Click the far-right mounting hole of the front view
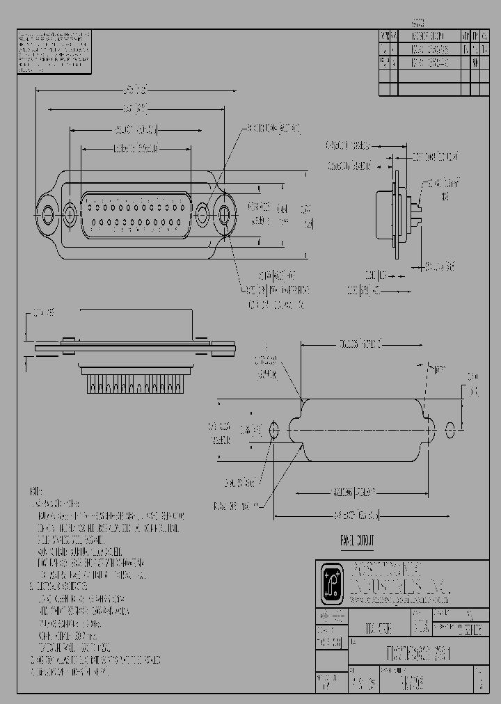coord(226,214)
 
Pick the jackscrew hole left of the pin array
coord(70,213)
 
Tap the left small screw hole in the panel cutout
coord(273,431)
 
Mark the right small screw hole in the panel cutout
coord(450,429)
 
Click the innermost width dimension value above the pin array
coord(136,148)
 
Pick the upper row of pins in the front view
coord(136,206)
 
